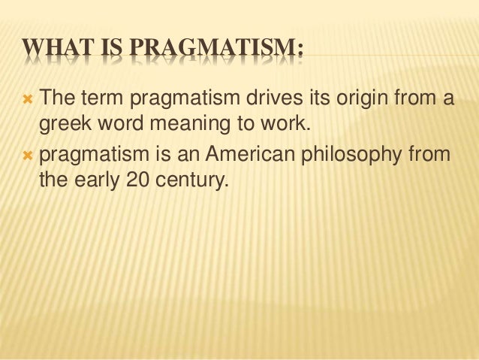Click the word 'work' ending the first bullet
(x=285, y=123)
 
